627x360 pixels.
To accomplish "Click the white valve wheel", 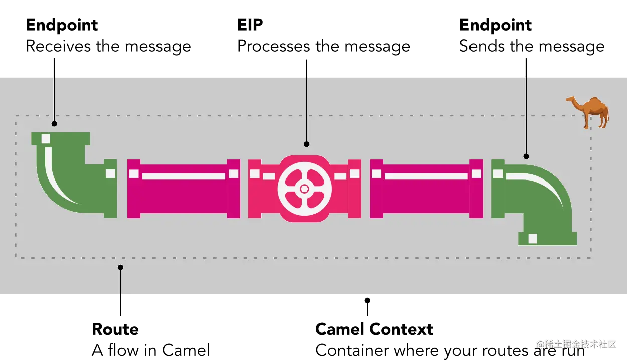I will click(304, 189).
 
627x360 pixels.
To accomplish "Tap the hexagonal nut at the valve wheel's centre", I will click(304, 189).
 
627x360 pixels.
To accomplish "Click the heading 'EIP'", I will click(250, 24).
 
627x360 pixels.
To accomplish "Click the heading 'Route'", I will click(116, 330).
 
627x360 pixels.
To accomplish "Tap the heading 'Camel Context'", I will click(374, 330).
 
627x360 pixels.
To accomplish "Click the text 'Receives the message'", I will click(108, 46).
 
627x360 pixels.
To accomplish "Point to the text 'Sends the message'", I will click(532, 46).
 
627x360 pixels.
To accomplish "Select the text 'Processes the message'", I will click(324, 46).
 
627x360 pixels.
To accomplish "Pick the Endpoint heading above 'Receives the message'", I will click(61, 24).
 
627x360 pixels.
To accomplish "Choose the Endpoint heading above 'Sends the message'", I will click(496, 24).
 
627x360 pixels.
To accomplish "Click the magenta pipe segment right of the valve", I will click(426, 189).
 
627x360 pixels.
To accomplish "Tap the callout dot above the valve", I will click(306, 144).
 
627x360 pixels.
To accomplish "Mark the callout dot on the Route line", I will click(120, 267).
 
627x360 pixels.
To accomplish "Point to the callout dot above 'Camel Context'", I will click(367, 301).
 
